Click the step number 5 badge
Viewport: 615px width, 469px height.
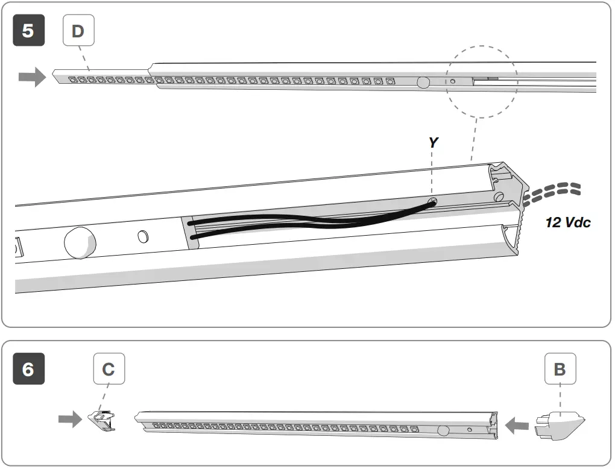click(x=28, y=31)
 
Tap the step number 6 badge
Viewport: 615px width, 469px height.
click(x=28, y=369)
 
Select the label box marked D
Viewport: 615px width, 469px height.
click(x=78, y=31)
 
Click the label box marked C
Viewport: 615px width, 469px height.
click(x=109, y=369)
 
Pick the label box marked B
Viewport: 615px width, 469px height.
click(x=560, y=369)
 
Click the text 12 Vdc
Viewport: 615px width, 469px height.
click(x=568, y=222)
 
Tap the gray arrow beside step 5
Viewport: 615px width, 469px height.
click(x=32, y=77)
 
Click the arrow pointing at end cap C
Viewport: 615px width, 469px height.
click(x=70, y=420)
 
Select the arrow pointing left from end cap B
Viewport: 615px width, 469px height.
click(x=518, y=427)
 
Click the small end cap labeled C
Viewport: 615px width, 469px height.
click(x=102, y=420)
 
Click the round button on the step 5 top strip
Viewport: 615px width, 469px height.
click(x=424, y=83)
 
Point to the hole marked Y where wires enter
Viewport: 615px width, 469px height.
click(x=432, y=202)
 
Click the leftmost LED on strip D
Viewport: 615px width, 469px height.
click(x=72, y=79)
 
